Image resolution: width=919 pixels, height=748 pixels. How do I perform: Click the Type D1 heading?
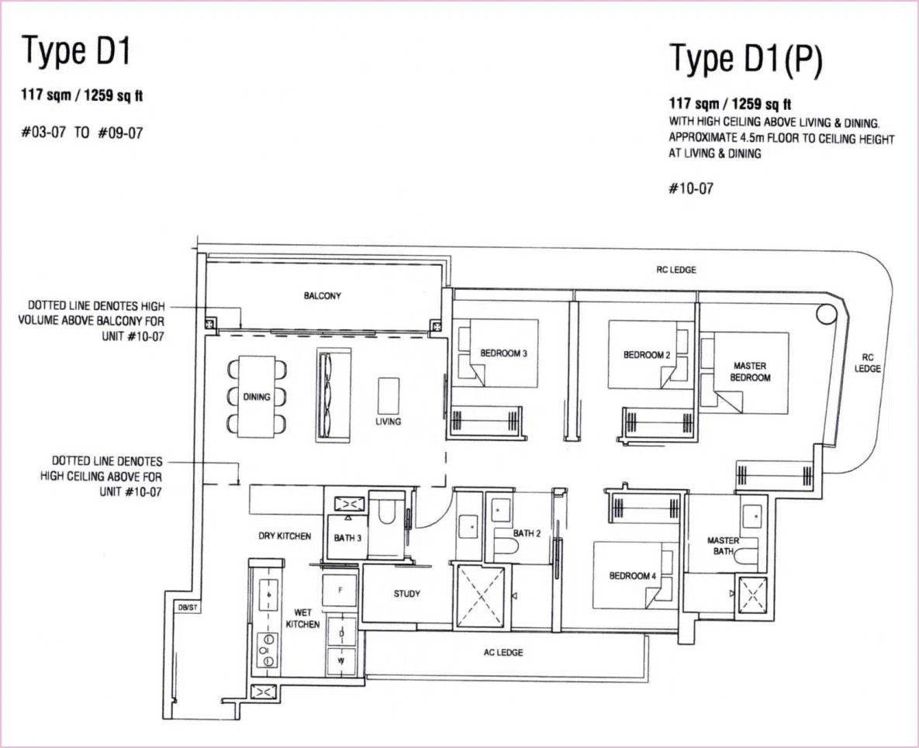coord(75,50)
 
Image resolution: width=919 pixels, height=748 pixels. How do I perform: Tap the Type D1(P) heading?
coord(745,59)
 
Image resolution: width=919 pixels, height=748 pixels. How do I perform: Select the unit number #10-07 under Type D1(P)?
coord(691,188)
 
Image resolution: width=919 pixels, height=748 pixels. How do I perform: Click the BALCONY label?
coord(323,296)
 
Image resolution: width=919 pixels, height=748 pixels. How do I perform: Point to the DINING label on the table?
coord(257,397)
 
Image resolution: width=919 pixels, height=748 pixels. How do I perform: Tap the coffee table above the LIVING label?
coord(388,396)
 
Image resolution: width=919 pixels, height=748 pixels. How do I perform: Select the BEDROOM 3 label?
coord(503,353)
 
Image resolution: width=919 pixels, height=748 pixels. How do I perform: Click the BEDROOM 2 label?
coord(647,354)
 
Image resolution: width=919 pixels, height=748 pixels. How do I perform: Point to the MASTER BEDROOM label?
coord(750,372)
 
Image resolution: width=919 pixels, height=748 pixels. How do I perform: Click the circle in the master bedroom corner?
coord(827,314)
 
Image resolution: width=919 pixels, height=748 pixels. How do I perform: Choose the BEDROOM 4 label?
coord(632,576)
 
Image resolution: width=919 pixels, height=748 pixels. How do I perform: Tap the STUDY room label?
coord(406,594)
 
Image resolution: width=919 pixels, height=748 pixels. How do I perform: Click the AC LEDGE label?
coord(503,653)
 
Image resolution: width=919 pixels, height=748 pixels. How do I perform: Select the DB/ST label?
coord(188,608)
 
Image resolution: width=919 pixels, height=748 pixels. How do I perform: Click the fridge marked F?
coord(340,591)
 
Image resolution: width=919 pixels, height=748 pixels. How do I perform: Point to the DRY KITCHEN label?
coord(285,536)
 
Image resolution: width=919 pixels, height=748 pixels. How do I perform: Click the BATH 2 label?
coord(527,533)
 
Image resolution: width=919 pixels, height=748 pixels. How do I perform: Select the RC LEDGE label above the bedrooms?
coord(676,270)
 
